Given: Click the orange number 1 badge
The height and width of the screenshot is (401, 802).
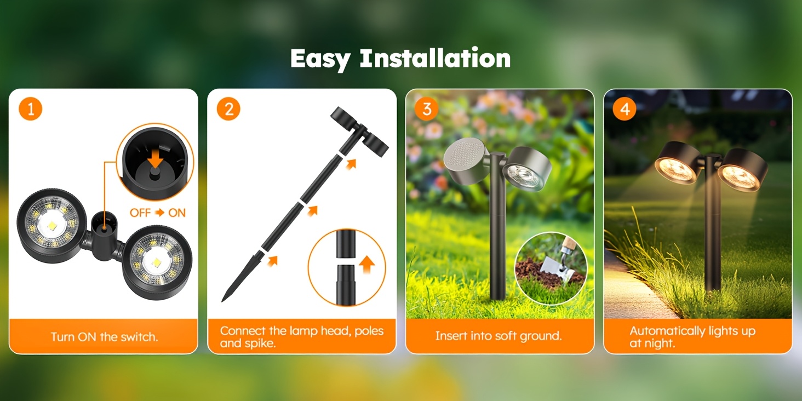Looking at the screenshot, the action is pyautogui.click(x=31, y=109).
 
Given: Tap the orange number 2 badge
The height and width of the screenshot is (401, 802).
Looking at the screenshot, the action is pyautogui.click(x=228, y=109).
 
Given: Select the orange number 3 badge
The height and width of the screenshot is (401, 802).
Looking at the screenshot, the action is pyautogui.click(x=426, y=109).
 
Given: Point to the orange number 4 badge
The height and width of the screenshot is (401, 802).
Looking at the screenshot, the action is pyautogui.click(x=625, y=109).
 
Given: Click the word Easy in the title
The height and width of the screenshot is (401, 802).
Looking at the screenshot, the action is pyautogui.click(x=320, y=59).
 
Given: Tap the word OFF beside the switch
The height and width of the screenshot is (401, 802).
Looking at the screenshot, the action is pyautogui.click(x=140, y=213).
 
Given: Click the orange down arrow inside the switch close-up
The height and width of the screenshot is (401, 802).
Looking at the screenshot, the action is pyautogui.click(x=155, y=158).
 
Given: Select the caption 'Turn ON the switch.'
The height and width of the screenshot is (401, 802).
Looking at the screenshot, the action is pyautogui.click(x=104, y=336).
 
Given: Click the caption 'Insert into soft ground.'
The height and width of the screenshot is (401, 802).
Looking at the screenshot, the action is pyautogui.click(x=499, y=336).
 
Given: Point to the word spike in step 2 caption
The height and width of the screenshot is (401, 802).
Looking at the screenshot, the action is pyautogui.click(x=258, y=343).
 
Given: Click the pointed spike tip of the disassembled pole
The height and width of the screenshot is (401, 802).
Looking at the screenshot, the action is pyautogui.click(x=223, y=300).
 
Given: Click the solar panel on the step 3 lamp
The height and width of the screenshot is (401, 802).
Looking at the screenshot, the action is pyautogui.click(x=464, y=156).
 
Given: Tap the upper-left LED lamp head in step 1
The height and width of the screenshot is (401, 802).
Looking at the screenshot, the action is pyautogui.click(x=52, y=226).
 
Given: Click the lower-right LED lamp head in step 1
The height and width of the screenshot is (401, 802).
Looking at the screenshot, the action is pyautogui.click(x=157, y=262).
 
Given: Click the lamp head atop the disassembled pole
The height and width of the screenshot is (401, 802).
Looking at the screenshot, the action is pyautogui.click(x=359, y=131).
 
